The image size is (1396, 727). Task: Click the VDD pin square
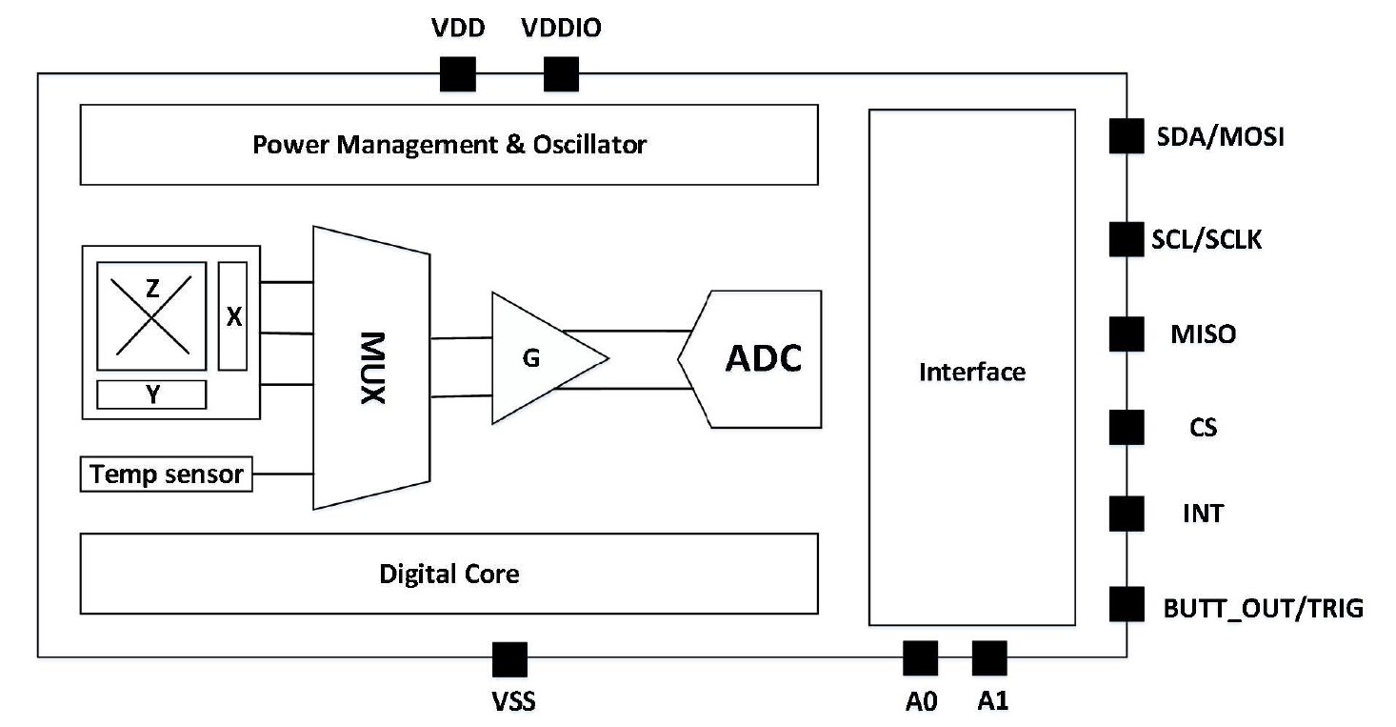[457, 74]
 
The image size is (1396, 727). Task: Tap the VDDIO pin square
[561, 74]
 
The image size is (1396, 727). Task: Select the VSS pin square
[509, 658]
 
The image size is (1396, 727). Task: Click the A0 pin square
[920, 657]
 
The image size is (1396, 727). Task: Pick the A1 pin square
[989, 657]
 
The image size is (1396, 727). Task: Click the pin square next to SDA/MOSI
[1127, 136]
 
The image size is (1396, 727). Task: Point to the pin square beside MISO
[1127, 334]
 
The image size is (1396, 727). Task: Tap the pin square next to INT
[1127, 514]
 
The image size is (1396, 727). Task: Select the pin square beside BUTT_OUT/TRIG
[1127, 605]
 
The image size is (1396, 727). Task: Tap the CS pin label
[1203, 427]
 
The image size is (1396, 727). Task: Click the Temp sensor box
[167, 474]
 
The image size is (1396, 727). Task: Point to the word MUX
[372, 368]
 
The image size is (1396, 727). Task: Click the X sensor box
[233, 315]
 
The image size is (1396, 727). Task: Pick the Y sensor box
[152, 394]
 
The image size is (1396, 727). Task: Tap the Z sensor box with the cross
[152, 315]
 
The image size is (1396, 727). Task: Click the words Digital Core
[449, 574]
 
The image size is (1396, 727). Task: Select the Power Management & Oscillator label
[449, 145]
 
